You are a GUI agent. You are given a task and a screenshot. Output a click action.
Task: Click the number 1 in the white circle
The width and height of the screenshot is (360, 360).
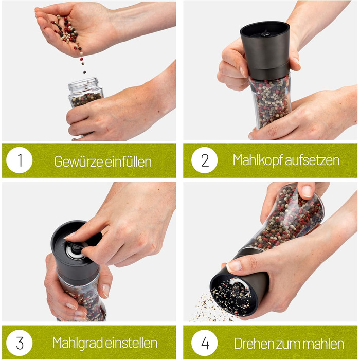tap(20, 160)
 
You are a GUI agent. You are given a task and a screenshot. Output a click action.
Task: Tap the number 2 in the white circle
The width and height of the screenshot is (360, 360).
tap(205, 160)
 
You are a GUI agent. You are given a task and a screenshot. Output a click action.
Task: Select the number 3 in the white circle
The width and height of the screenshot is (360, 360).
tap(20, 343)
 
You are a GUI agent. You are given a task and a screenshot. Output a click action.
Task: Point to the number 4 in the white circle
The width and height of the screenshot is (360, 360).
tap(205, 343)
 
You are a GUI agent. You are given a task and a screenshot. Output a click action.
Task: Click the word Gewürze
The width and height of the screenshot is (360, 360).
tap(78, 161)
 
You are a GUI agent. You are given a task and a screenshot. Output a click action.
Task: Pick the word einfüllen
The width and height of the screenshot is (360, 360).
tap(129, 161)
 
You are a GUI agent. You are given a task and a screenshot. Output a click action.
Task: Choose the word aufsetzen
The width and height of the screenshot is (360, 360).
tap(313, 160)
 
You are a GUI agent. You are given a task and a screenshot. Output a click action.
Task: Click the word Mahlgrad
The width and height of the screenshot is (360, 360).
tap(77, 343)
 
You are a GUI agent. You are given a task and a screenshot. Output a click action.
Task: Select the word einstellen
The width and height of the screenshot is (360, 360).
tap(131, 343)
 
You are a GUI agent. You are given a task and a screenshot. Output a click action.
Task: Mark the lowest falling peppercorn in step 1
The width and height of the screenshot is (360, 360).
tap(84, 72)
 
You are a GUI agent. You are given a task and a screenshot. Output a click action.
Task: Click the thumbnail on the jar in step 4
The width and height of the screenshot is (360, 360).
tap(307, 191)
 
